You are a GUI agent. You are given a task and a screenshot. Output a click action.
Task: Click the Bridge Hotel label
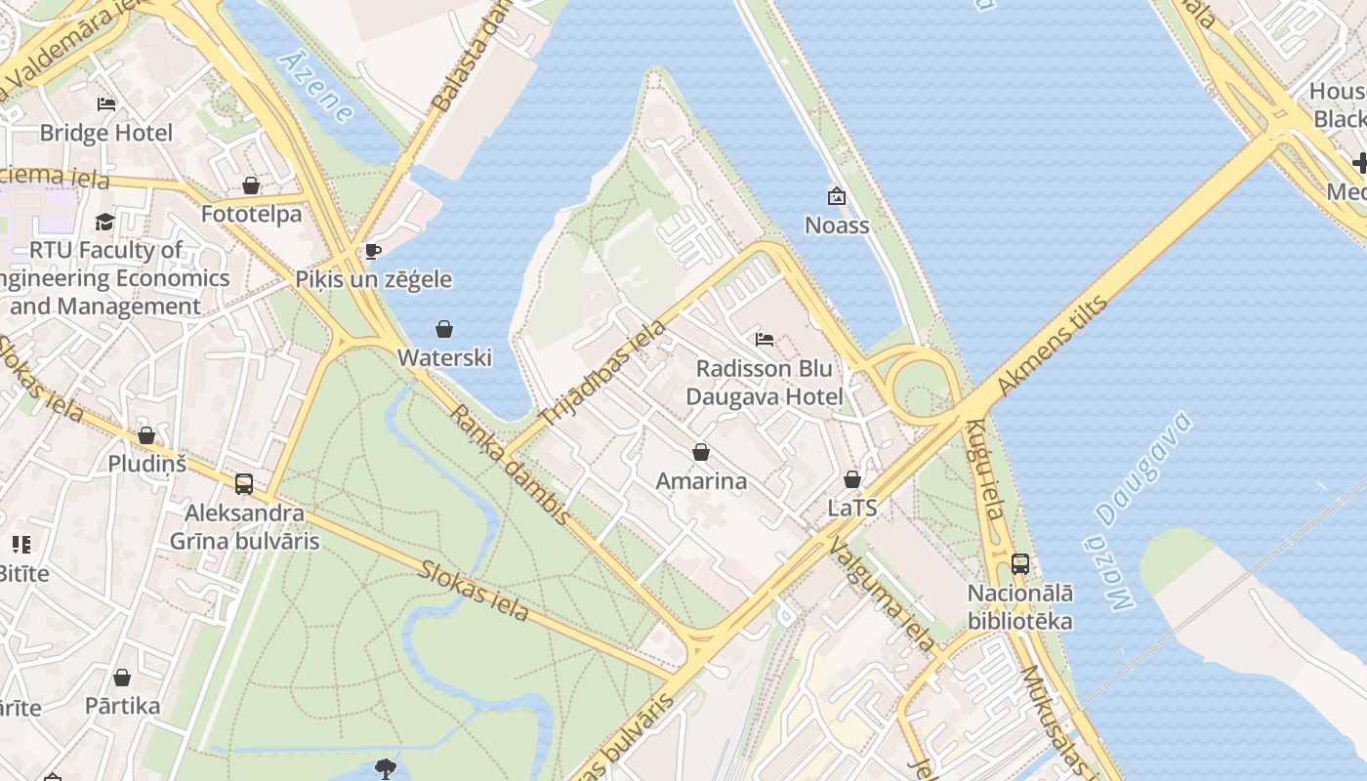click(105, 133)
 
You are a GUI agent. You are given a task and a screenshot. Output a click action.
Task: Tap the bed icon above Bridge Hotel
click(105, 104)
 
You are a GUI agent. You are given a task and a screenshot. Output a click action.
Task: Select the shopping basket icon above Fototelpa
click(251, 185)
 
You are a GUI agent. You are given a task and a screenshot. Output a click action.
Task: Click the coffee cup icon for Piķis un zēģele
click(372, 252)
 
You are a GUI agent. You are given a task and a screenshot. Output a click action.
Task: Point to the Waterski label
click(444, 357)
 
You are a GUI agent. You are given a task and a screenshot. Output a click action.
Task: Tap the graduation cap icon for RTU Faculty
click(104, 223)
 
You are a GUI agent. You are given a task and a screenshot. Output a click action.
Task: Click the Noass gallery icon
click(836, 197)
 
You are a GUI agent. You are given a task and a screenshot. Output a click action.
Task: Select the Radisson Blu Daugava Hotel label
click(764, 383)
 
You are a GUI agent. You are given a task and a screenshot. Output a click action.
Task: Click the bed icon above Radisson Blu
click(765, 340)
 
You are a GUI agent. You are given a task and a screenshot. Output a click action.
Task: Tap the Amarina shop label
click(701, 480)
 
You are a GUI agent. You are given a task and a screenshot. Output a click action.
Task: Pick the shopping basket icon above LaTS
click(852, 479)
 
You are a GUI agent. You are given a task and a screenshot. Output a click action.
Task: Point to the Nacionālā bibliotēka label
click(1019, 607)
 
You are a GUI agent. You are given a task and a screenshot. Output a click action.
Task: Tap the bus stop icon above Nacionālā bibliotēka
click(1020, 563)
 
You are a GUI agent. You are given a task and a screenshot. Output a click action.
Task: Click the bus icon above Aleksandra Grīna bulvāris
click(244, 483)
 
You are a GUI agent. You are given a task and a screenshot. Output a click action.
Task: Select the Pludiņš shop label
click(146, 463)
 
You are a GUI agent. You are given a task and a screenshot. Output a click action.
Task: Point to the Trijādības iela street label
click(602, 372)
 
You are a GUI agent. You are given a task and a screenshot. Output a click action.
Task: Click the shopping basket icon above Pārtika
click(122, 678)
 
